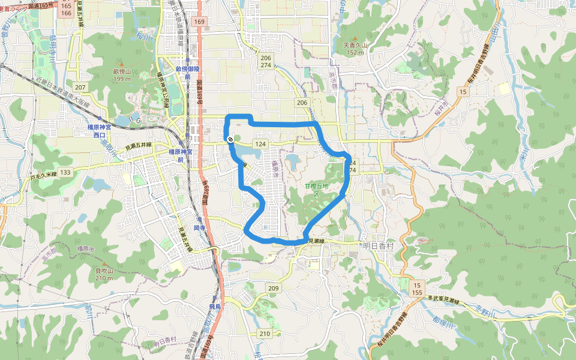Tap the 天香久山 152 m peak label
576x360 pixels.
(x=354, y=49)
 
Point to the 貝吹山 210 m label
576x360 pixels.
(x=104, y=274)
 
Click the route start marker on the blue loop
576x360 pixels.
(x=230, y=139)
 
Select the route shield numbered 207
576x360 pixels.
(x=80, y=88)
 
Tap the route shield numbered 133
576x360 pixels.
(x=65, y=172)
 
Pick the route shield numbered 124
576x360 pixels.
(x=260, y=145)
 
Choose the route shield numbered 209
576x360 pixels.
(x=274, y=289)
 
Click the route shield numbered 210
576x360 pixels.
(x=265, y=333)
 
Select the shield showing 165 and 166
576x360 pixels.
(x=66, y=9)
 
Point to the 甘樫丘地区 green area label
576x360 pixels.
(x=317, y=190)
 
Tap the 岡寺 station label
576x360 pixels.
(x=199, y=228)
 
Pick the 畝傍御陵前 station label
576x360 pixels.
(x=188, y=72)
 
